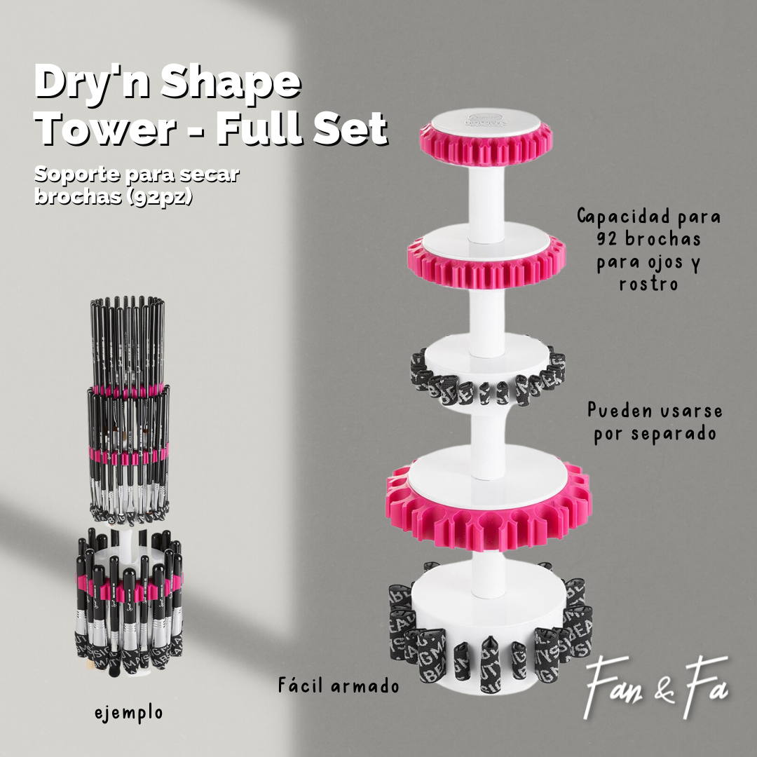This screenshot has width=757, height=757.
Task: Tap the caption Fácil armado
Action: [x=338, y=685]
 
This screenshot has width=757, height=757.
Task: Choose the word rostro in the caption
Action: [x=648, y=284]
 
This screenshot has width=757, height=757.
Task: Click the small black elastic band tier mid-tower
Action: [x=487, y=382]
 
